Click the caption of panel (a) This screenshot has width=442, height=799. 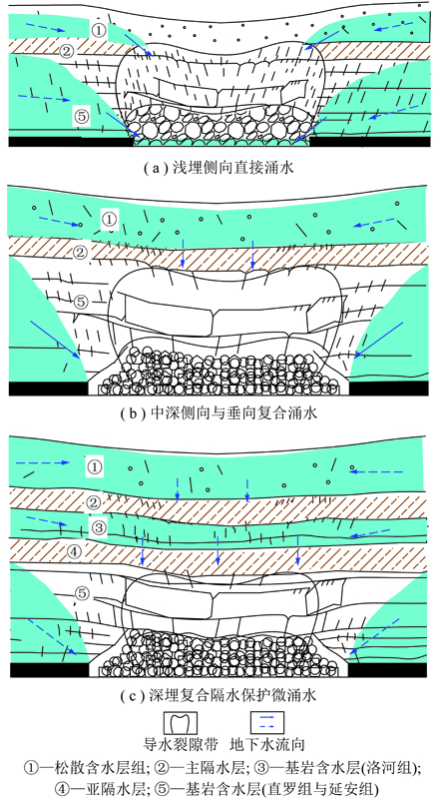coord(220,168)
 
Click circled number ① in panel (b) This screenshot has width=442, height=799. coord(110,219)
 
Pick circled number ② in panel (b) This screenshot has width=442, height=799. coord(82,252)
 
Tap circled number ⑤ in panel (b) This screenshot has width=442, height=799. coord(82,302)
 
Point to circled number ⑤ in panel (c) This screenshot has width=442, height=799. coord(82,593)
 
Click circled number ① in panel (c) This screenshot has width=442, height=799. coord(95,466)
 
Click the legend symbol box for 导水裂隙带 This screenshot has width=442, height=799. coord(181,722)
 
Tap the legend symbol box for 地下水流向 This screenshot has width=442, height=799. coord(266,722)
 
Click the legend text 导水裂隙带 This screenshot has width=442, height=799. coord(182,744)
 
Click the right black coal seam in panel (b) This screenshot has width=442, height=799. coord(387,389)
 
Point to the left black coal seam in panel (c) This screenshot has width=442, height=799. coord(49,670)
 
